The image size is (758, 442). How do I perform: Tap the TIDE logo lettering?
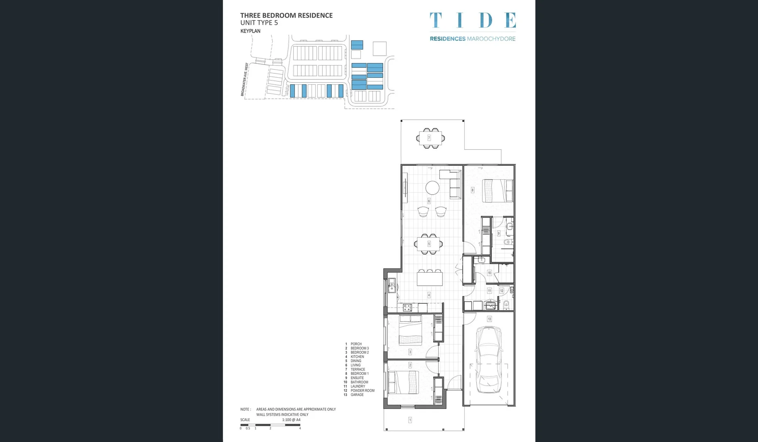[x=473, y=20]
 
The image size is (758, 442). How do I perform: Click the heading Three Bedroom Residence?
[x=286, y=16]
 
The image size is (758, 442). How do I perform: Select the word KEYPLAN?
[x=250, y=31]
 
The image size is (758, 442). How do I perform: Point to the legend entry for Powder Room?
[x=362, y=390]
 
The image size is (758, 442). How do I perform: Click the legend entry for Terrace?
[x=358, y=369]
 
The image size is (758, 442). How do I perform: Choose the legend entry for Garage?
[x=357, y=395]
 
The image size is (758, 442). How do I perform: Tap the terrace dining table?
[x=430, y=138]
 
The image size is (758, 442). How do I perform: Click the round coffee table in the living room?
[x=432, y=188]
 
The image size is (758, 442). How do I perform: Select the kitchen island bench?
[x=430, y=279]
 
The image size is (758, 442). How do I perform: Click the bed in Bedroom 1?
[x=497, y=191]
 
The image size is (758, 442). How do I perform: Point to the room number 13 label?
[x=489, y=319]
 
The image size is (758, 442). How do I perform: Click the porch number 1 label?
[x=410, y=419]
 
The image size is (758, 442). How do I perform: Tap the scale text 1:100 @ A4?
[x=291, y=419]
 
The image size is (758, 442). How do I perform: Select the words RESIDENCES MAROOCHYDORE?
[x=473, y=39]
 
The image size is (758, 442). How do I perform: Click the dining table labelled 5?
[x=429, y=244]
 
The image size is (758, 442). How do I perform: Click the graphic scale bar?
[x=270, y=425]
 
